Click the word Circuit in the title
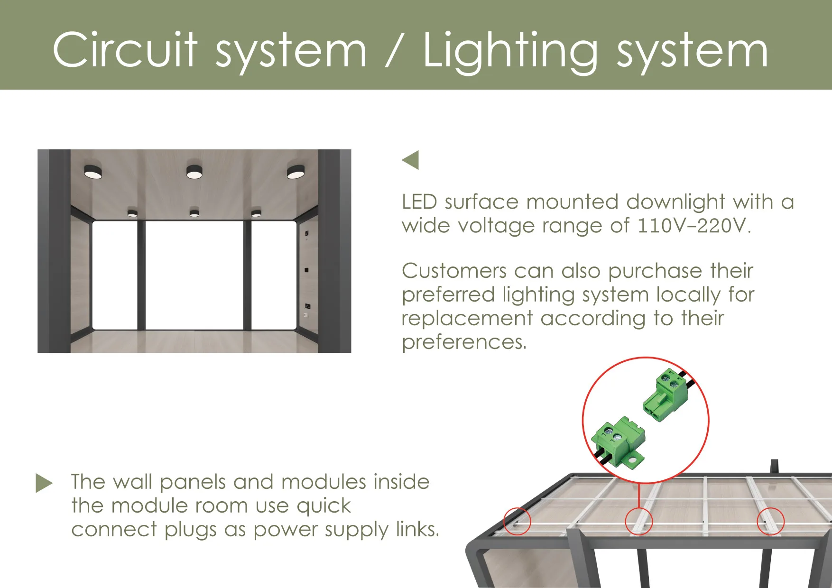pyautogui.click(x=125, y=50)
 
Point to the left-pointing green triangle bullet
pyautogui.click(x=411, y=160)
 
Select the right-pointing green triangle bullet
pyautogui.click(x=44, y=483)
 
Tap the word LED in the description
pyautogui.click(x=419, y=202)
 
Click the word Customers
pyautogui.click(x=454, y=271)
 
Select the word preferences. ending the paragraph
pyautogui.click(x=464, y=342)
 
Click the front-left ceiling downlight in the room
pyautogui.click(x=93, y=172)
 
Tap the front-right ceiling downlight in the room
pyautogui.click(x=296, y=172)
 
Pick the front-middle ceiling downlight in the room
pyautogui.click(x=194, y=172)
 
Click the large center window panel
pyautogui.click(x=194, y=275)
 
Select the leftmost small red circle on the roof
pyautogui.click(x=517, y=521)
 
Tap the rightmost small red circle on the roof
pyautogui.click(x=770, y=521)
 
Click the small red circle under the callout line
pyautogui.click(x=639, y=521)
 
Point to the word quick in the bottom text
pyautogui.click(x=324, y=506)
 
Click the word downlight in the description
pyautogui.click(x=675, y=202)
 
